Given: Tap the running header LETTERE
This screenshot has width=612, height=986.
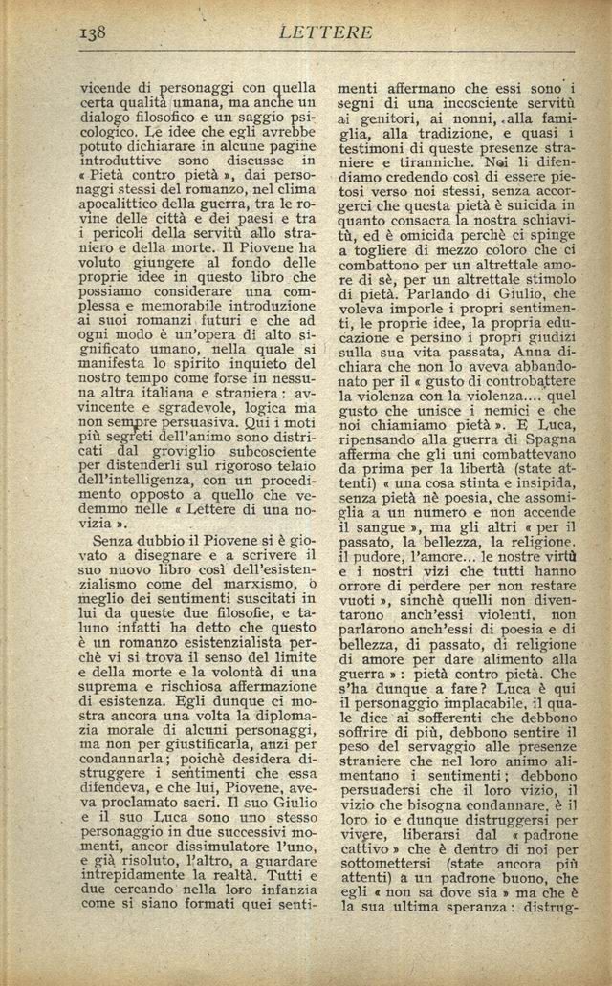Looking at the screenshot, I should [x=326, y=32].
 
